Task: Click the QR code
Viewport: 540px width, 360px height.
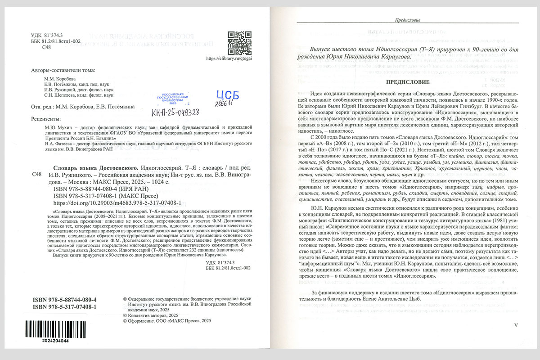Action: (239, 43)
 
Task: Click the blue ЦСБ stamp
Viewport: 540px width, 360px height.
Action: (227, 95)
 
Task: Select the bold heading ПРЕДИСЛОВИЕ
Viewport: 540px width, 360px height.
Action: (409, 82)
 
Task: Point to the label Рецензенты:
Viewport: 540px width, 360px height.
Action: (46, 119)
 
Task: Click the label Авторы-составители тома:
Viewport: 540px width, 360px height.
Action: (63, 71)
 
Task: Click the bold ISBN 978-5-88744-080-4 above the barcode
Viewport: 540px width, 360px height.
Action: (65, 299)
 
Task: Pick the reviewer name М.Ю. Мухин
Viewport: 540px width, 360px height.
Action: (51, 127)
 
